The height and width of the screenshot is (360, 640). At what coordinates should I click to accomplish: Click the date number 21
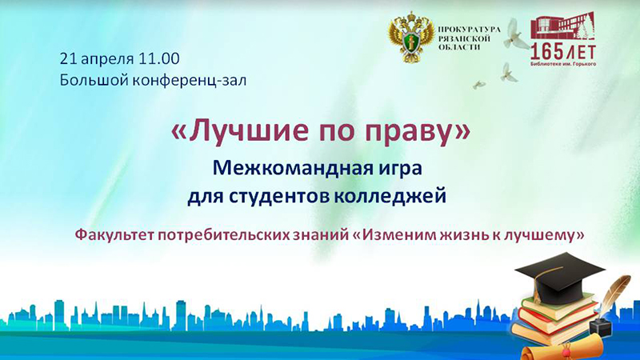[68, 58]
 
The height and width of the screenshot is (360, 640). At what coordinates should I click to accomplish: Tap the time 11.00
[158, 58]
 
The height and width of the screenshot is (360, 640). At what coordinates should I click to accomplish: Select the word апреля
[107, 59]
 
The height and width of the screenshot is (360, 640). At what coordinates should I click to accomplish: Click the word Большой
[94, 80]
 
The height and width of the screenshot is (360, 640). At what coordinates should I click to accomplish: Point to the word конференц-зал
[190, 81]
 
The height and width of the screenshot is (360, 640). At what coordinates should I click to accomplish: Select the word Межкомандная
[286, 168]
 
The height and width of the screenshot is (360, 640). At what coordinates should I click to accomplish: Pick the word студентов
[279, 196]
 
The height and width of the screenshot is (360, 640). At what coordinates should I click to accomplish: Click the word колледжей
[390, 196]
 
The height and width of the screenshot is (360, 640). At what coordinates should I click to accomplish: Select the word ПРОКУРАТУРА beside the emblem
[469, 30]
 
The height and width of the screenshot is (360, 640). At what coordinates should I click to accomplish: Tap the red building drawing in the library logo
[563, 28]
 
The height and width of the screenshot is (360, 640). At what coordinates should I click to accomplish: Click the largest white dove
[512, 34]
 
